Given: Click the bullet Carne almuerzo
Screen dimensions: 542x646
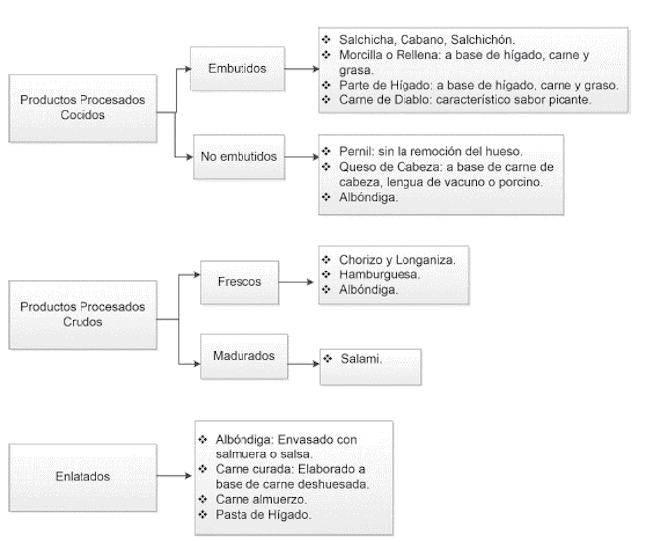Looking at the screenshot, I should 260,499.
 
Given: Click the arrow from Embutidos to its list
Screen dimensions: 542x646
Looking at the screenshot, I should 301,71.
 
